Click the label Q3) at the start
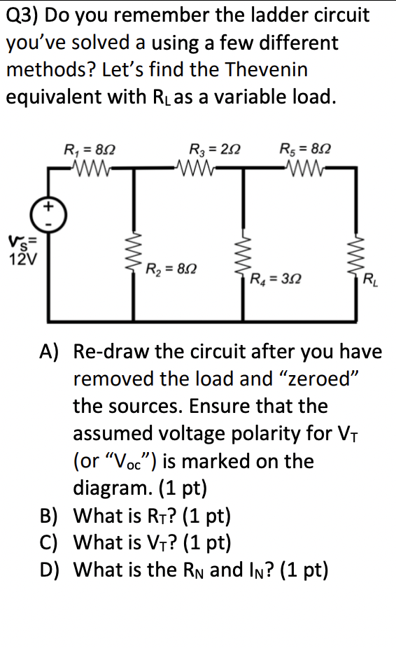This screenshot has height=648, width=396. pyautogui.click(x=22, y=15)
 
